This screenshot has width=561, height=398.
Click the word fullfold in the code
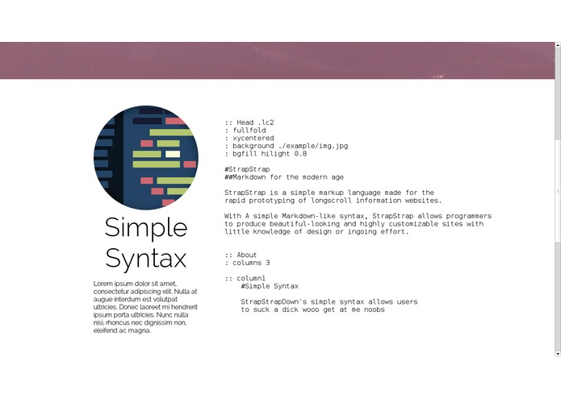(x=249, y=131)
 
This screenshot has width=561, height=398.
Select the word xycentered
(x=253, y=138)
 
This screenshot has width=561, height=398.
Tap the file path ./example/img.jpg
(x=311, y=146)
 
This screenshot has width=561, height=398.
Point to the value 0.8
(x=300, y=153)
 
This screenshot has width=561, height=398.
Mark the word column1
(x=251, y=278)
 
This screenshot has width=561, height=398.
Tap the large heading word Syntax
(x=146, y=258)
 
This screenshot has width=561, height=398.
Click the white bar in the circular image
(x=172, y=153)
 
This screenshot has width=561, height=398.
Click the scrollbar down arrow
(x=557, y=353)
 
